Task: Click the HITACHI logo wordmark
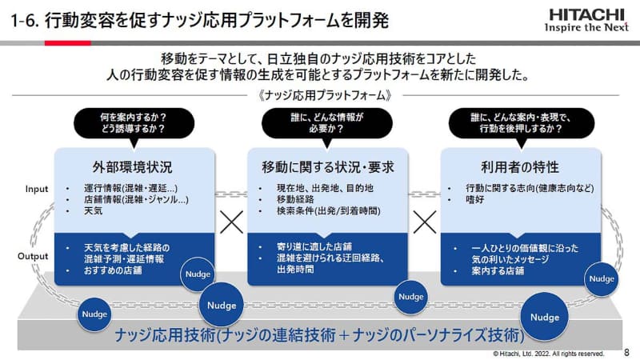586,14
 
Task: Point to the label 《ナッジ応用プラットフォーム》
320,94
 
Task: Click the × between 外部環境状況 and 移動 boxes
231,222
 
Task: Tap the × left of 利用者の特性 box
424,222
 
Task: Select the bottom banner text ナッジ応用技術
320,334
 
